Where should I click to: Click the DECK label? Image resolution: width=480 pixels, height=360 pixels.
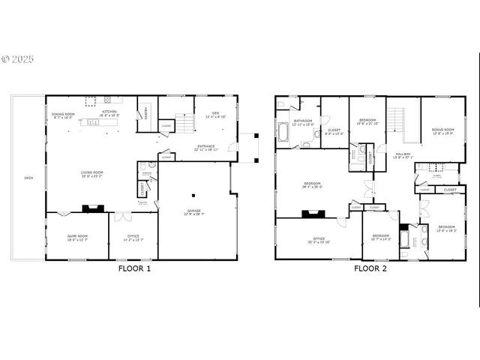(x=28, y=178)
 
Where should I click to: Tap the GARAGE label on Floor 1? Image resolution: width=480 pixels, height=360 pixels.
(x=193, y=211)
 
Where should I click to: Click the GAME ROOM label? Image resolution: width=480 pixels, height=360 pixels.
(x=78, y=236)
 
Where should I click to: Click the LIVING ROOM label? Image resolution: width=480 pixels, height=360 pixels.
(x=92, y=172)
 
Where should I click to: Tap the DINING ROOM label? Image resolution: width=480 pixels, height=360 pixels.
(x=63, y=115)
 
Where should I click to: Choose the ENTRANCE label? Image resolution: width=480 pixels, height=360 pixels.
(x=207, y=146)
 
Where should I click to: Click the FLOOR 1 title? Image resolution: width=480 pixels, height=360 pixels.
(x=135, y=268)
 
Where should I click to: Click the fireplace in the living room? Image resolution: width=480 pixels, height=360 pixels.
(x=90, y=210)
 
